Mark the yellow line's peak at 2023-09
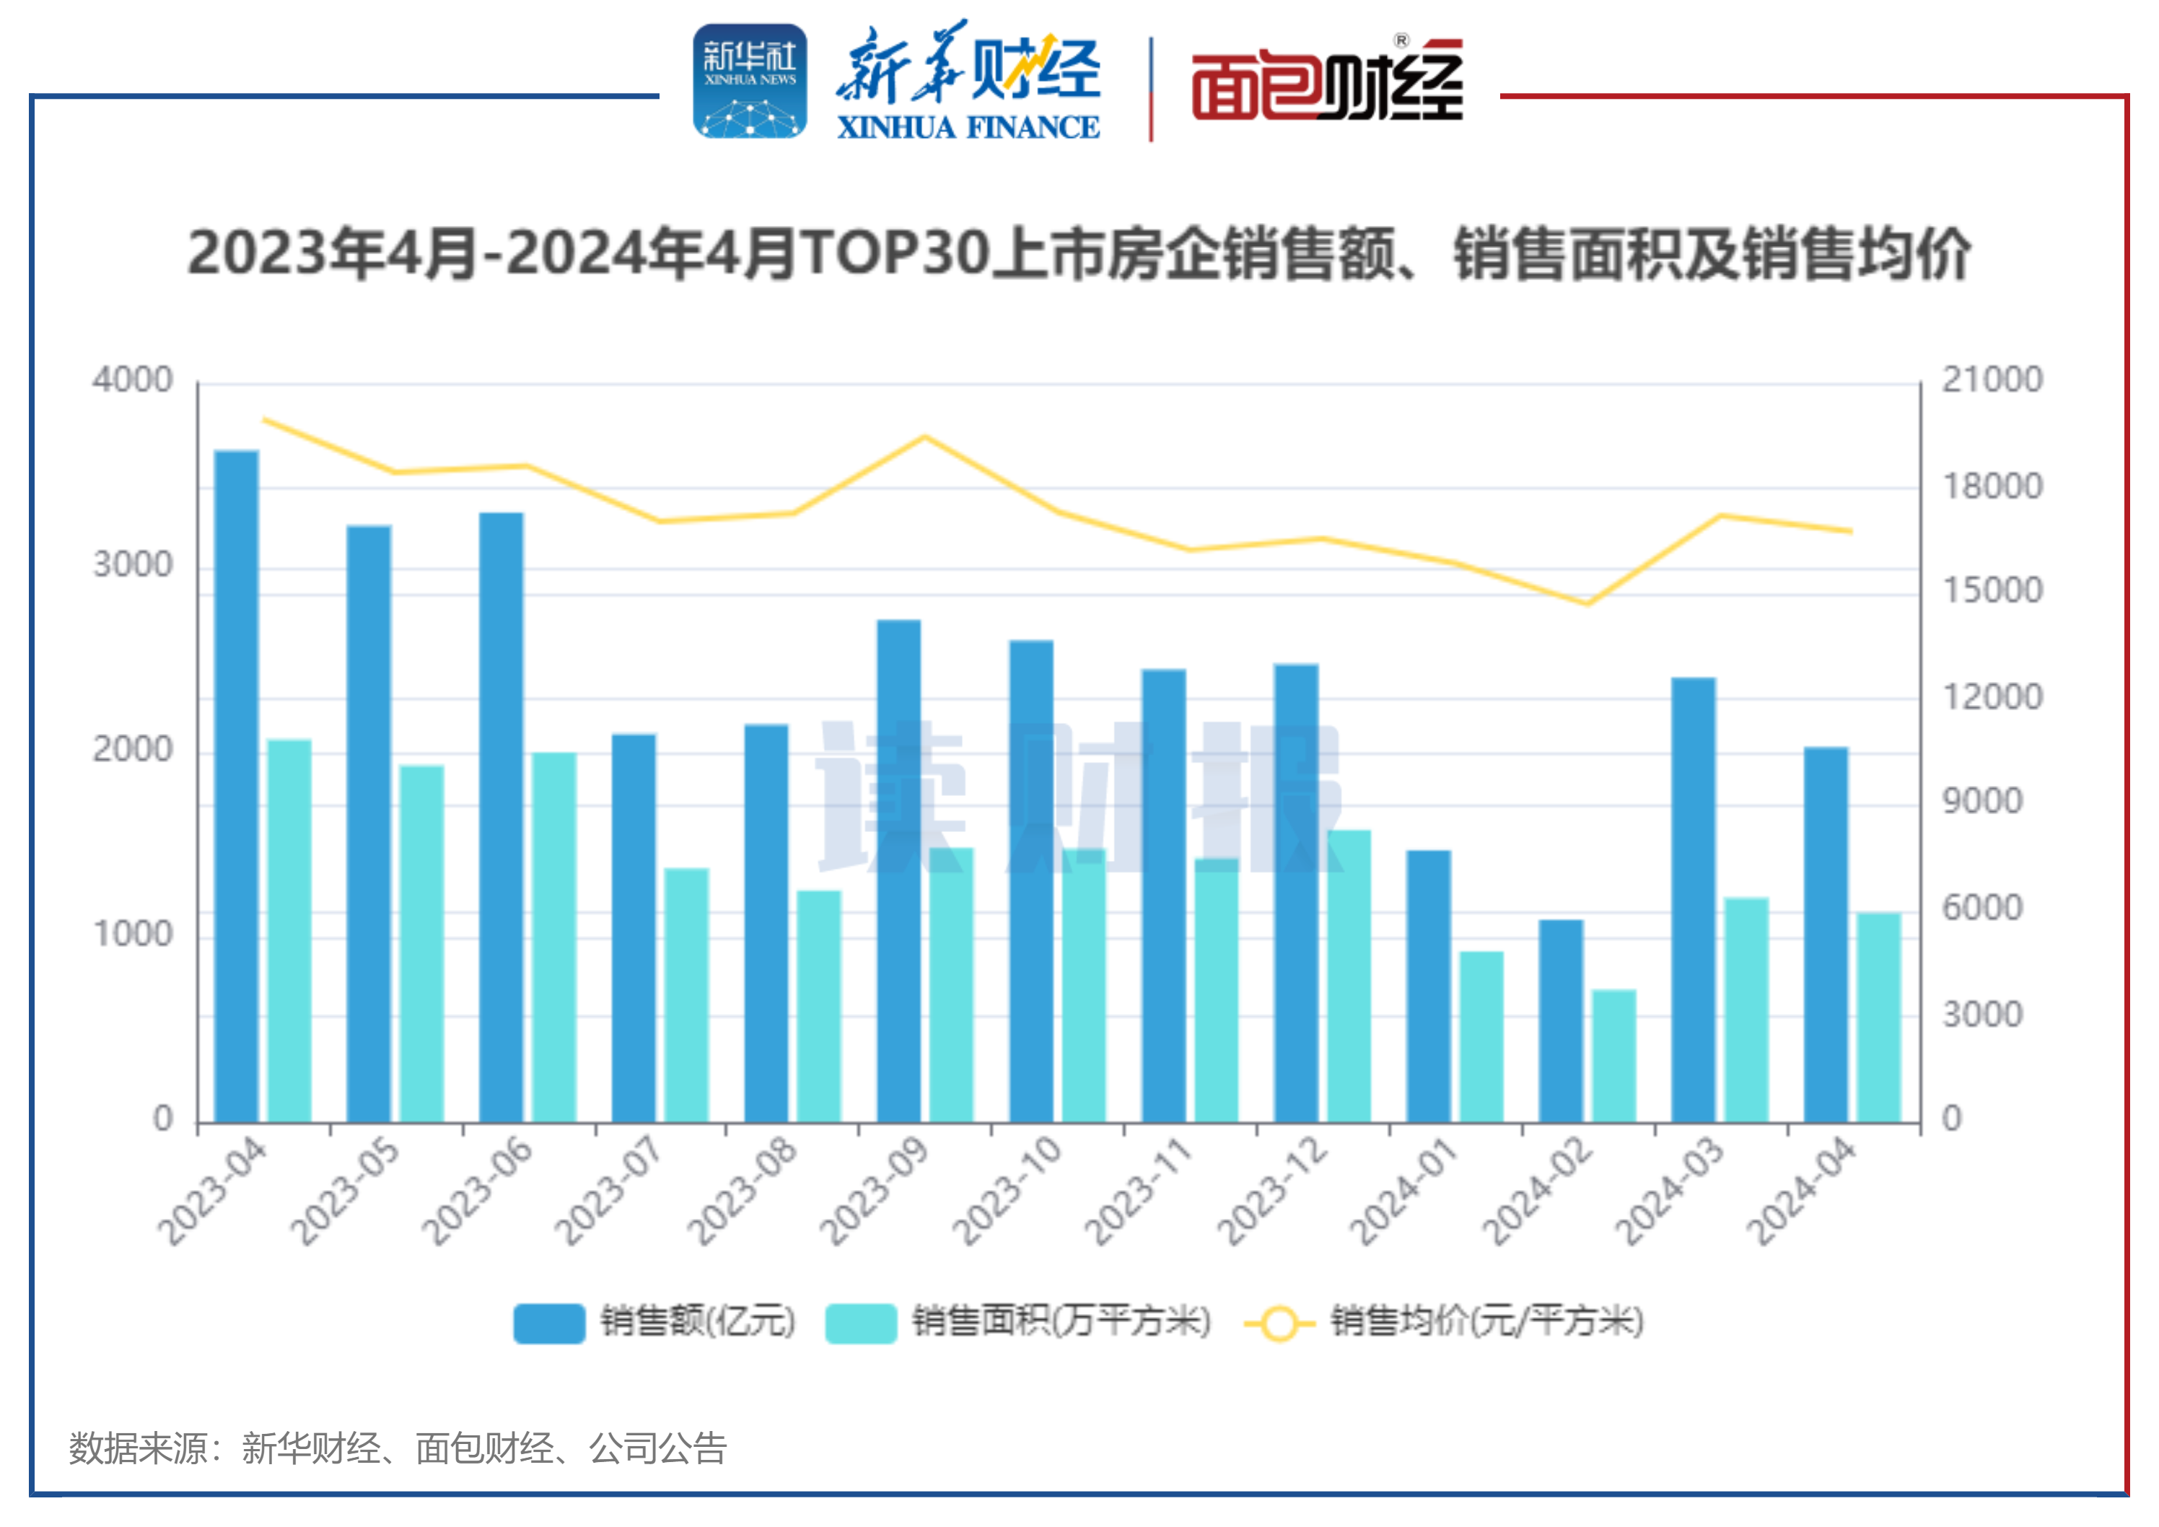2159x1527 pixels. coord(925,437)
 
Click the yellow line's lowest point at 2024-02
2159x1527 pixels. coord(1587,603)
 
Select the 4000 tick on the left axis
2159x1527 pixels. coord(133,380)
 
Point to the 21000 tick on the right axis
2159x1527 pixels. coord(1992,380)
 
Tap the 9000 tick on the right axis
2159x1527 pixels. coord(1982,801)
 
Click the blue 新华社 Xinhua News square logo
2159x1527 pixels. coord(750,82)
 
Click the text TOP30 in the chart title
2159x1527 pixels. coord(893,254)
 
